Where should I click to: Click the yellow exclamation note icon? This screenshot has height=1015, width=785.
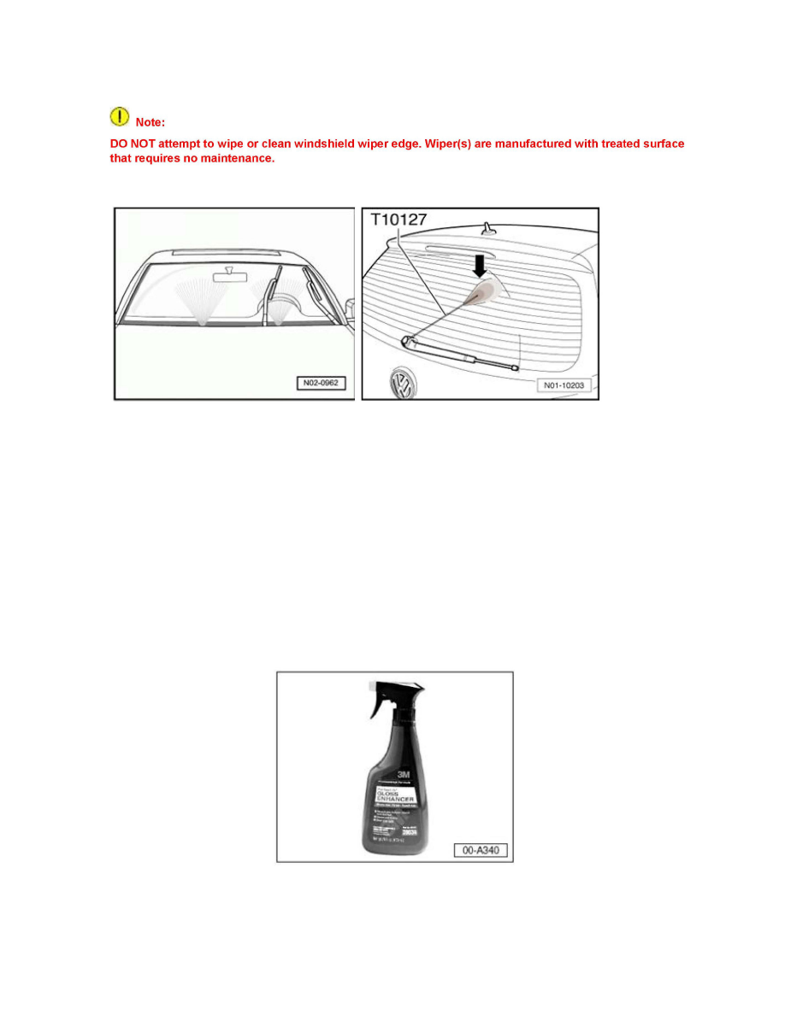pos(121,116)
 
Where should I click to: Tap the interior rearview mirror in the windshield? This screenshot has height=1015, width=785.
pos(227,275)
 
